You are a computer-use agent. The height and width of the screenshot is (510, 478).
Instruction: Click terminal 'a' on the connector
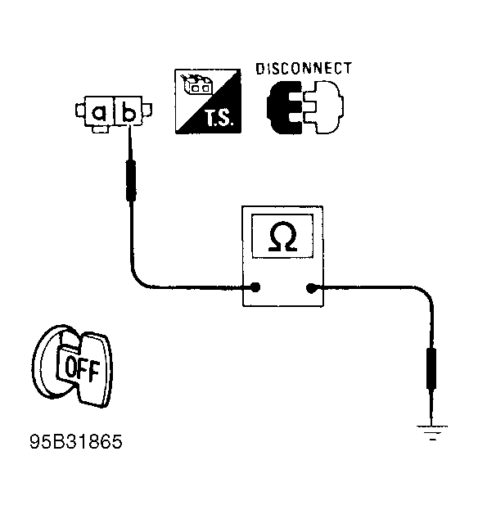coord(99,112)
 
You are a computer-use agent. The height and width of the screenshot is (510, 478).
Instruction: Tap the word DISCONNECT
coord(304,69)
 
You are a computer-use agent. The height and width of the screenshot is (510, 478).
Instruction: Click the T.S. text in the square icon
coord(219,118)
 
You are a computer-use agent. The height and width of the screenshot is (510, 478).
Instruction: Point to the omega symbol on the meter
coord(282,237)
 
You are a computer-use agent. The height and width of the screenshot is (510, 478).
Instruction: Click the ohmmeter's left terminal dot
coord(255,287)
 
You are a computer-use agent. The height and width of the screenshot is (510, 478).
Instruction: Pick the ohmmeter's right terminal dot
coord(311,287)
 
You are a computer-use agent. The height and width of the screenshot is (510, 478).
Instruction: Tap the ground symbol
coord(432,432)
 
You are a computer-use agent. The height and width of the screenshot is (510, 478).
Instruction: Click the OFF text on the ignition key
coord(82,370)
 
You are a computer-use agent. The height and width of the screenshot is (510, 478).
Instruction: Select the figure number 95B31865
coord(76,442)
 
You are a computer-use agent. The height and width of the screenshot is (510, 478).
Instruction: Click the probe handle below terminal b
coord(131,180)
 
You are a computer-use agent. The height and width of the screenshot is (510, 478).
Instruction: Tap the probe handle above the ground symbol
coord(431,368)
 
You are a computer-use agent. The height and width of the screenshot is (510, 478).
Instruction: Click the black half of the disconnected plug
coord(284,107)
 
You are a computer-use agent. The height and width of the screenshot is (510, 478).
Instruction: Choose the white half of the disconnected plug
coord(323,107)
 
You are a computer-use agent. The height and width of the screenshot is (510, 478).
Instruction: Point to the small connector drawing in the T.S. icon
coord(196,83)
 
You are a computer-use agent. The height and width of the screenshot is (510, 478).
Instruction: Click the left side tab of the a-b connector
coord(80,111)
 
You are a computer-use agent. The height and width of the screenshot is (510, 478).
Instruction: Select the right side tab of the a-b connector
coord(147,110)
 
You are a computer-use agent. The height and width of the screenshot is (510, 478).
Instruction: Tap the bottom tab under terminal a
coord(100,129)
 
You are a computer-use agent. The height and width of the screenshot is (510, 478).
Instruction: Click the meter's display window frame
coord(283,214)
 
